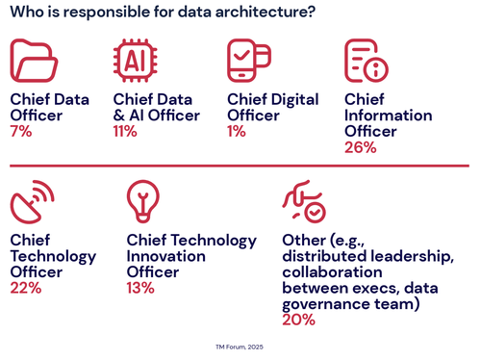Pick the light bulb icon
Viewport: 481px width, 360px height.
coord(143,200)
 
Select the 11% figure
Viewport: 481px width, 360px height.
coord(126,131)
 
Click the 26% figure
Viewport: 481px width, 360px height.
coord(360,147)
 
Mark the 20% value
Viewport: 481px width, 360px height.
coord(298,320)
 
